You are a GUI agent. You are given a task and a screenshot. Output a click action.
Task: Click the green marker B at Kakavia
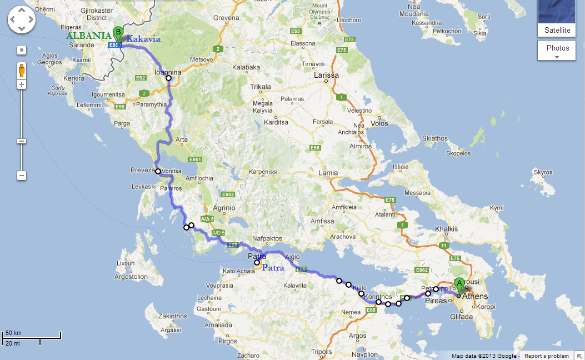(117, 32)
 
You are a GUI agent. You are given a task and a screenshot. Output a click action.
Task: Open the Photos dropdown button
(557, 50)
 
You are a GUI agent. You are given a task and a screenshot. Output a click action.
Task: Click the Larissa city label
(326, 75)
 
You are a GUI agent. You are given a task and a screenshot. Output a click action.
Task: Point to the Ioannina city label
(167, 72)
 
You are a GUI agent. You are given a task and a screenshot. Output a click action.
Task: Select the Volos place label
(379, 123)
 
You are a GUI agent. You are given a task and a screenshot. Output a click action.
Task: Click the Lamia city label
(327, 173)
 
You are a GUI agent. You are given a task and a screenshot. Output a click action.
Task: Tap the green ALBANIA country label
(89, 36)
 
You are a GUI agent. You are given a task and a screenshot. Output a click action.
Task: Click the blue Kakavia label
(143, 39)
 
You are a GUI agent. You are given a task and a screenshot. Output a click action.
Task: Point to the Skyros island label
(543, 173)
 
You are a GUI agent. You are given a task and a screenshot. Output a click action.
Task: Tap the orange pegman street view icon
(22, 71)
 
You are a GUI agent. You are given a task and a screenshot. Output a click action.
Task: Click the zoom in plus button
(22, 84)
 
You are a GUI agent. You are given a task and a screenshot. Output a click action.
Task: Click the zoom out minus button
(22, 176)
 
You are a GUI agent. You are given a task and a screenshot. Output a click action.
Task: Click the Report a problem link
(547, 356)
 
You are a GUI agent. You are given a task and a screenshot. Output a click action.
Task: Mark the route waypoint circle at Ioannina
(169, 78)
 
